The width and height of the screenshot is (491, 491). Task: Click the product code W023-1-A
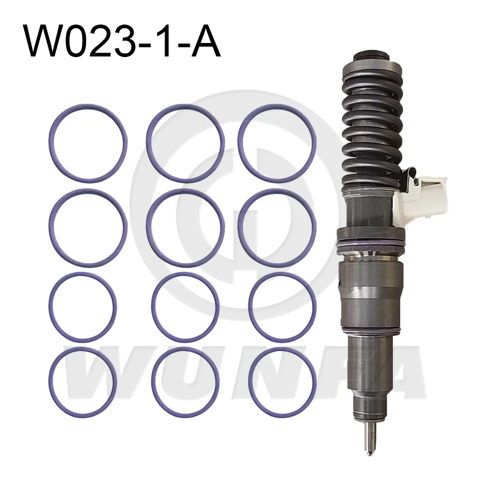123,40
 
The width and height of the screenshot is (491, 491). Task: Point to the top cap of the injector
371,56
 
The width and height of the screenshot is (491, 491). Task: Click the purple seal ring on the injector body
371,242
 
